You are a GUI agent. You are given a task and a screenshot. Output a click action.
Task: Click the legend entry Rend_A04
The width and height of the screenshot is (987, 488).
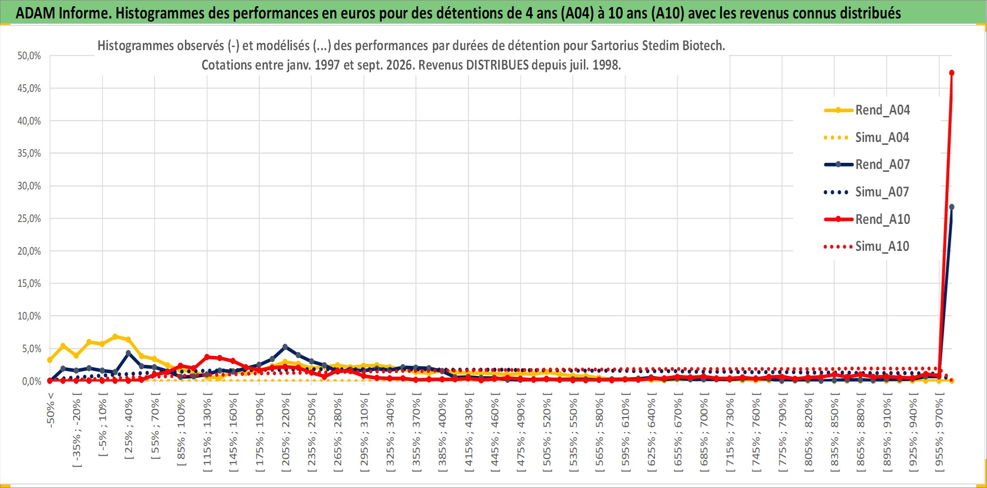tap(867, 110)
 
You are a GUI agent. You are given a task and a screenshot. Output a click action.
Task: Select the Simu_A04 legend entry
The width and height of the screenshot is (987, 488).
tap(867, 138)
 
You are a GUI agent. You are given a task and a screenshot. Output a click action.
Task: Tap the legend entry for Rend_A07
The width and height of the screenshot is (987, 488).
tap(867, 165)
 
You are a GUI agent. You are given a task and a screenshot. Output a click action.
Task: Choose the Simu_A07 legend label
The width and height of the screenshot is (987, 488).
tap(867, 192)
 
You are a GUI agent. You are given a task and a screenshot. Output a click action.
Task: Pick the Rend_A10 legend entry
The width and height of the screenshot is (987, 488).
tap(867, 219)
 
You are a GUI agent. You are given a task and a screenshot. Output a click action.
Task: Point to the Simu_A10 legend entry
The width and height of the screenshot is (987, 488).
tap(867, 247)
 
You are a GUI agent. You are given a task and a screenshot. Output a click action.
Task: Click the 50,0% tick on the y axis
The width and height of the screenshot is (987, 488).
tap(29, 56)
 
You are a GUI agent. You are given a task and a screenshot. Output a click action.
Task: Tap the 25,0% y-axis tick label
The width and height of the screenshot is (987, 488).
tap(29, 219)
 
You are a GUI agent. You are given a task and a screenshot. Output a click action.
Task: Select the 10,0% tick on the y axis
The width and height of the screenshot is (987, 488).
tap(29, 316)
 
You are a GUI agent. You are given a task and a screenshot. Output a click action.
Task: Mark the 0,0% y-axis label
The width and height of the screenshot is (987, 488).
tap(32, 381)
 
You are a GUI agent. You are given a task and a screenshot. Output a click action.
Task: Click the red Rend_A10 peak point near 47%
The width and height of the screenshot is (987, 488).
tap(952, 73)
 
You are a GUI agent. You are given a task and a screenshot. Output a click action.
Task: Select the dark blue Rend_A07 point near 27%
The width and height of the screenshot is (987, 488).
tap(952, 207)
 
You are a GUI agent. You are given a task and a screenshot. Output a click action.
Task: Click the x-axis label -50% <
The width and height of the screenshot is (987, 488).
tap(51, 410)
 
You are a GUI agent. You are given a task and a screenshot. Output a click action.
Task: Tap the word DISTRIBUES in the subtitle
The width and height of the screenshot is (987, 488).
tap(497, 65)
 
